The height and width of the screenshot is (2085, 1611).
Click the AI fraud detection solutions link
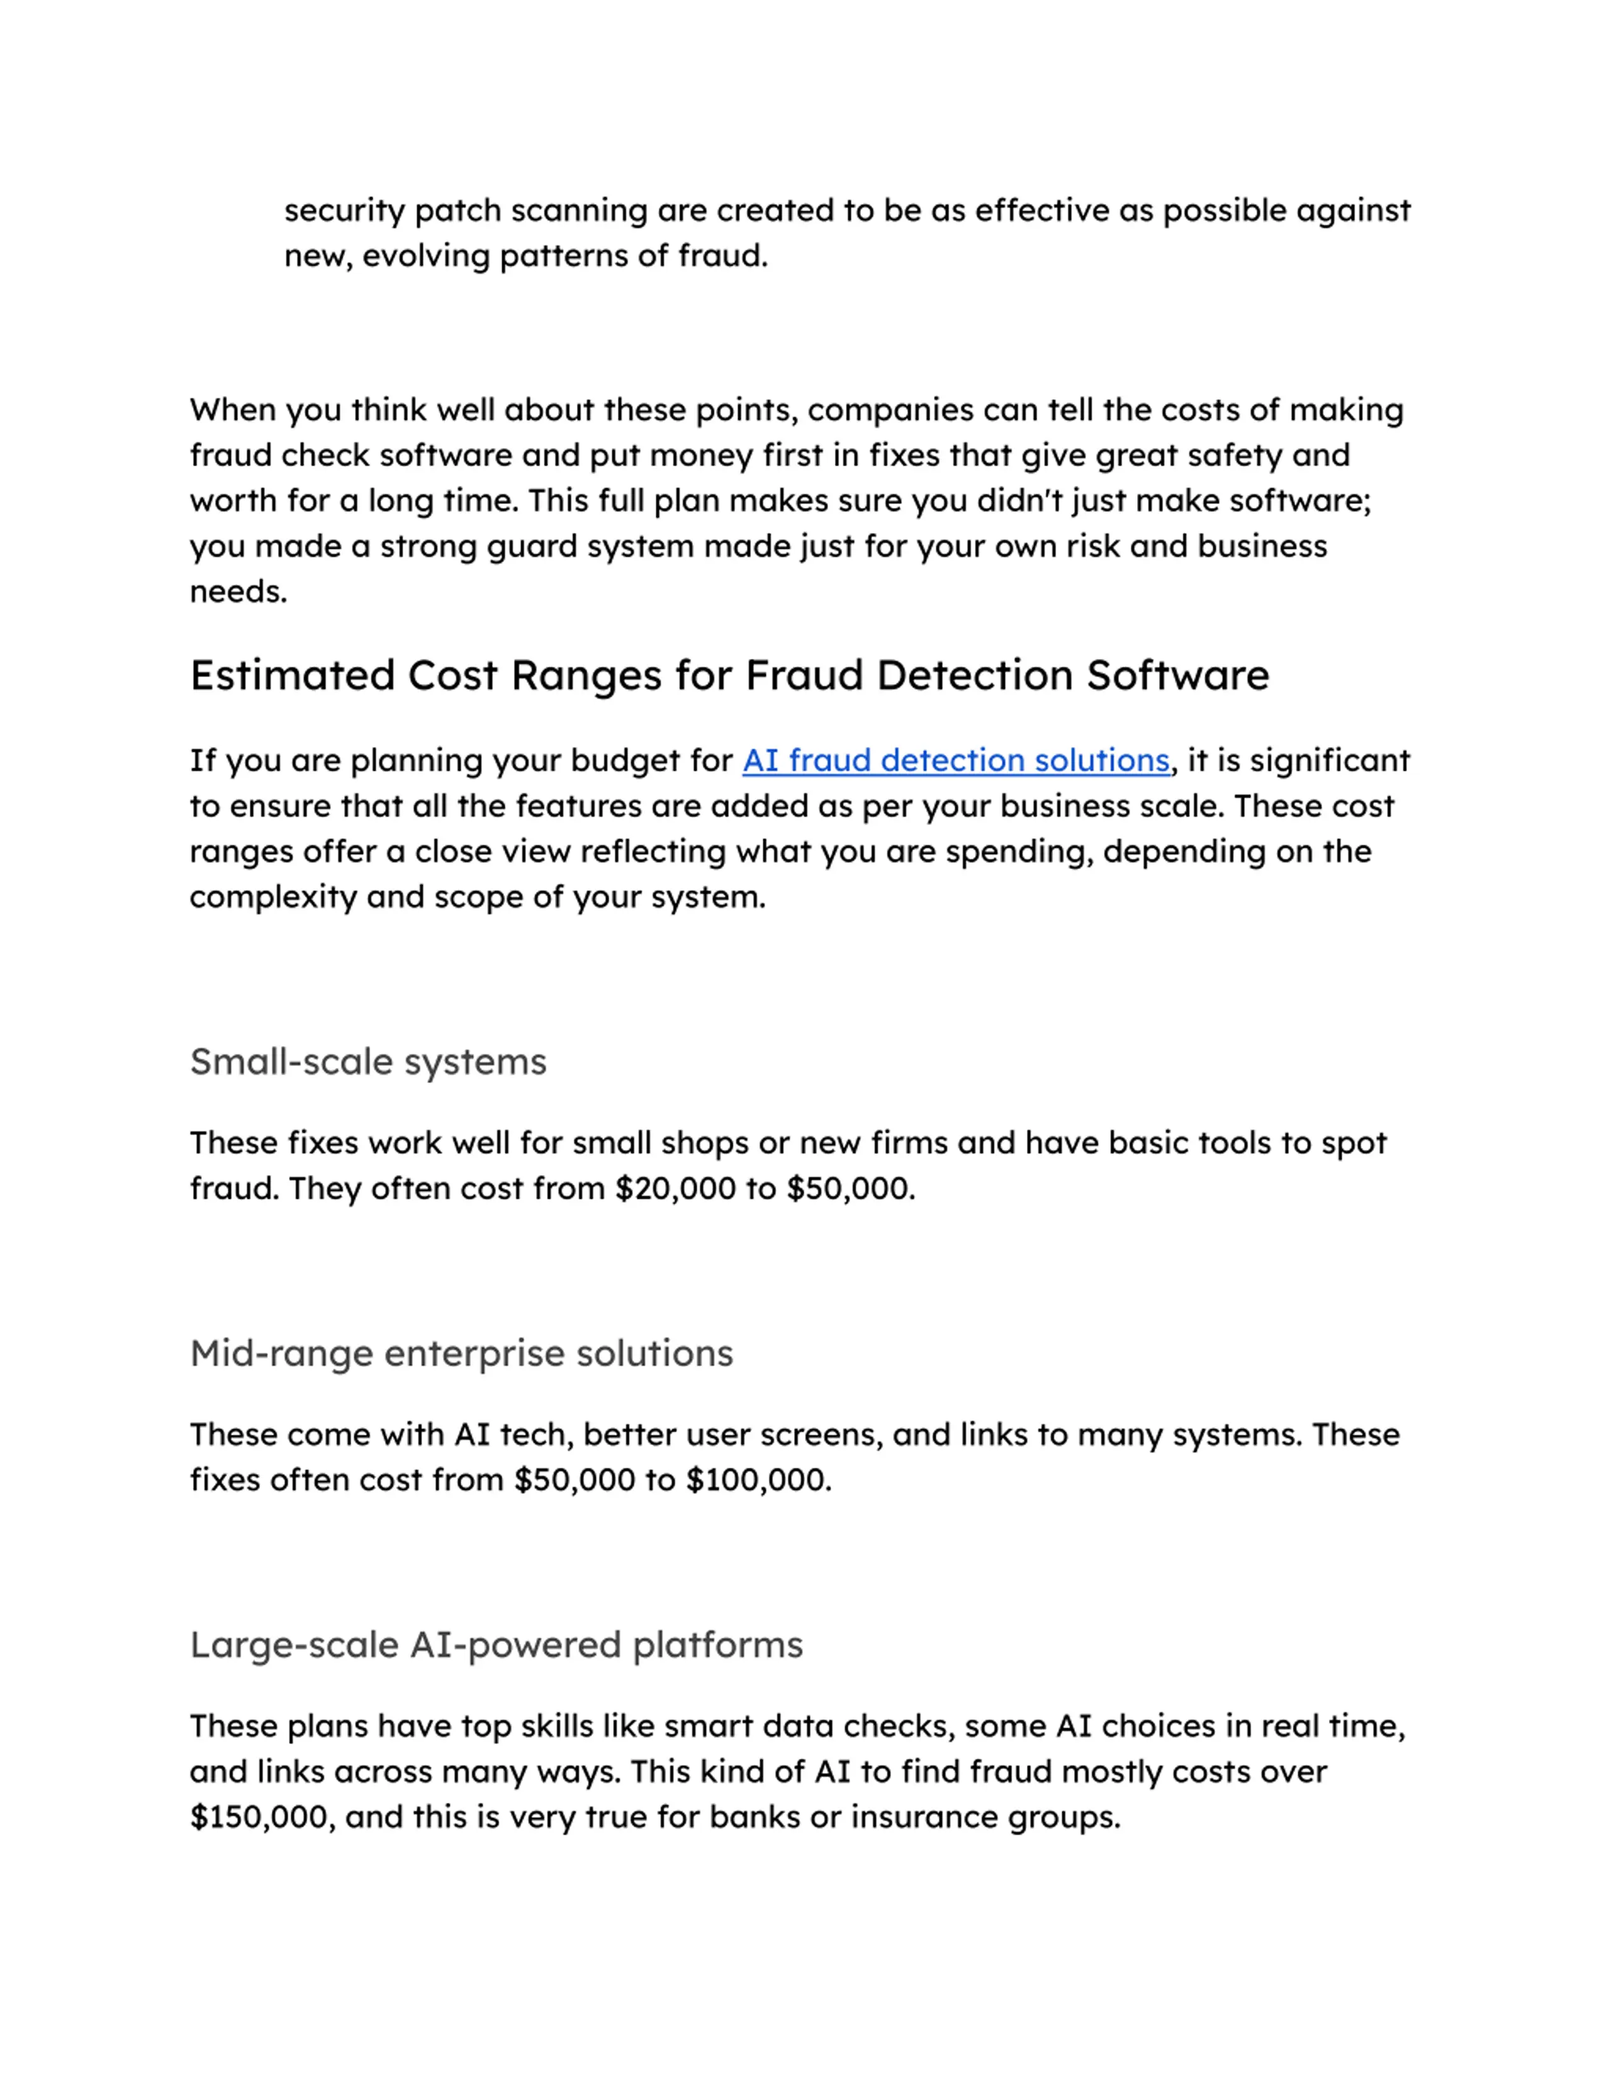click(x=955, y=761)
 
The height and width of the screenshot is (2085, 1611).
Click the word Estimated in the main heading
click(x=292, y=676)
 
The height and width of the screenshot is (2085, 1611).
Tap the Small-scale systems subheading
click(x=368, y=1062)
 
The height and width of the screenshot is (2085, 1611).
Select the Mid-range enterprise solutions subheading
click(x=461, y=1353)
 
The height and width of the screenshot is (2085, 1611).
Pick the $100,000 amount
click(x=757, y=1480)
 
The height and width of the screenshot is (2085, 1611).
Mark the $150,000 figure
click(x=261, y=1817)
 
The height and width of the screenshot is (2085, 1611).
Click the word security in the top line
click(x=344, y=211)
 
